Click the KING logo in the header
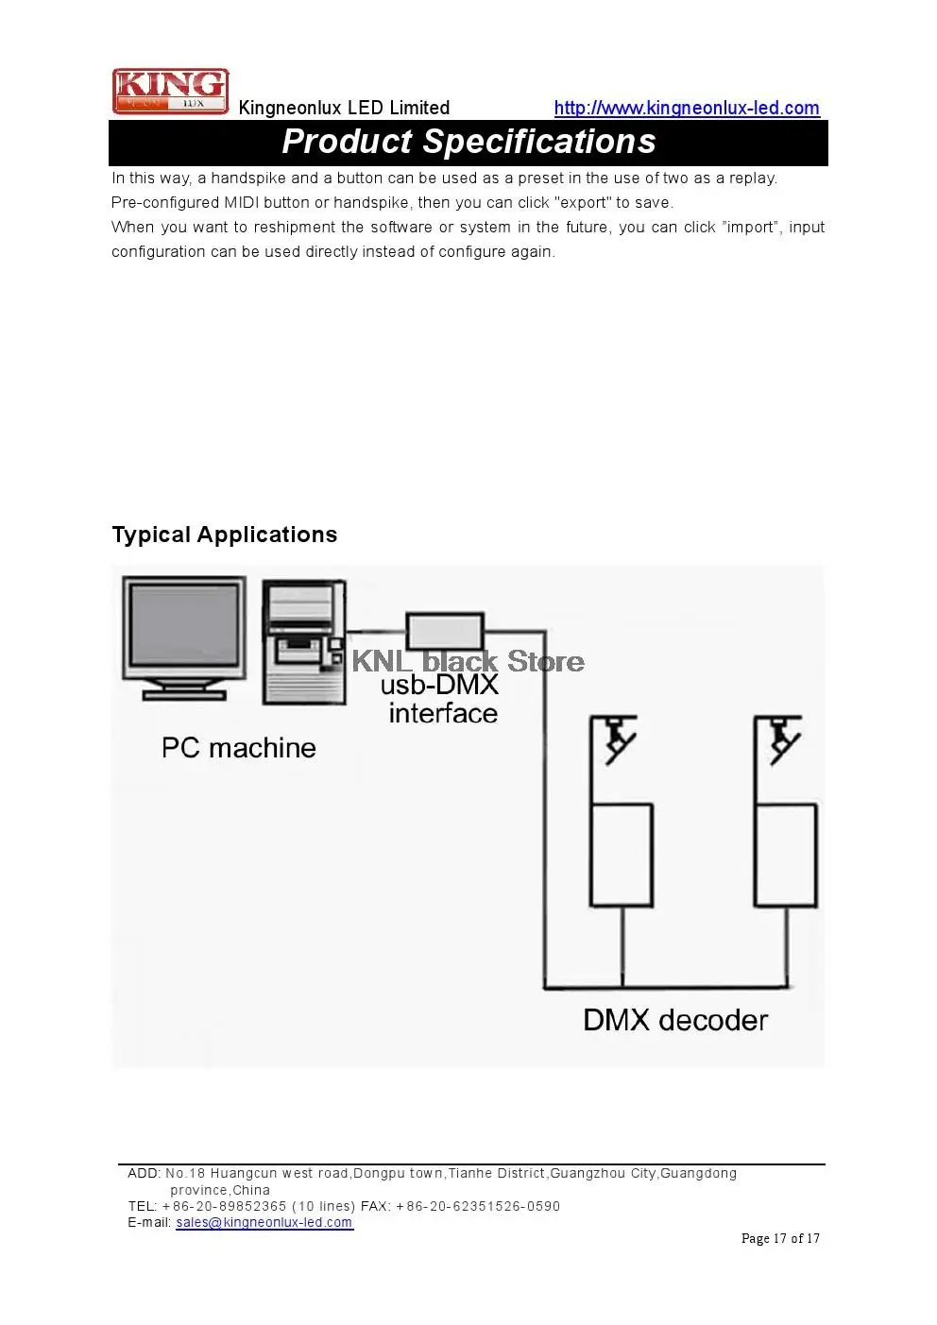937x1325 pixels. point(170,91)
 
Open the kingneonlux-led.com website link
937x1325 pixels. point(687,108)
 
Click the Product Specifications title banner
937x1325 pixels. point(468,142)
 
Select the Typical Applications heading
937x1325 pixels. point(225,535)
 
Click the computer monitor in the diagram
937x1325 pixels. point(184,638)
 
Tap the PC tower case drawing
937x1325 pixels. point(304,642)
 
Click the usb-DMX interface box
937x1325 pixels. point(445,631)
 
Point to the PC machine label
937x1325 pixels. point(239,748)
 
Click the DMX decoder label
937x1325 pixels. point(675,1020)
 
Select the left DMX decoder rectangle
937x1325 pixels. point(622,855)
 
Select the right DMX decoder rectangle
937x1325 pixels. point(786,855)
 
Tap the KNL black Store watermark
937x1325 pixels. point(468,661)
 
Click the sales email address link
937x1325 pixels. point(264,1222)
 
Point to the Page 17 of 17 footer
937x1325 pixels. point(780,1238)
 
